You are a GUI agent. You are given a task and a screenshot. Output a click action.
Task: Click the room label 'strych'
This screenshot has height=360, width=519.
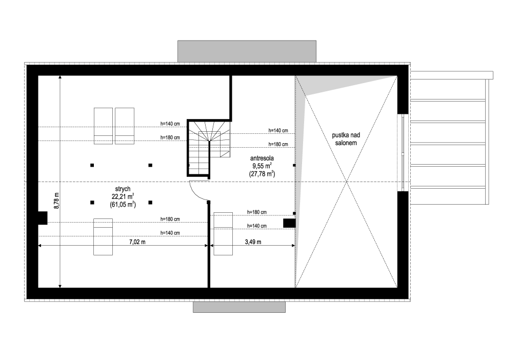[123, 189]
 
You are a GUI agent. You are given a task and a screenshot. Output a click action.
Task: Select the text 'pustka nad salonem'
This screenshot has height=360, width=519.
[346, 139]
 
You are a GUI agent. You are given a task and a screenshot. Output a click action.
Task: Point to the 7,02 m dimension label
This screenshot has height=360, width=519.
[137, 242]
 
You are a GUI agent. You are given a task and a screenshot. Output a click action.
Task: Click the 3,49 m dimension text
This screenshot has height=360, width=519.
[253, 242]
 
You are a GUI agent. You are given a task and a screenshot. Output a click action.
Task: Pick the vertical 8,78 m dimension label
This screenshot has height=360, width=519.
[56, 201]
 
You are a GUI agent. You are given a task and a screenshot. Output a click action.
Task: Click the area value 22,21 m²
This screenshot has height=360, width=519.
[123, 196]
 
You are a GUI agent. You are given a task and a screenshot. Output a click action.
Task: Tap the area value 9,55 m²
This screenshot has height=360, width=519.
[262, 166]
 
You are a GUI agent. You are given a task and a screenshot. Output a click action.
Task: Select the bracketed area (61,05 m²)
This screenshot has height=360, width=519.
[123, 205]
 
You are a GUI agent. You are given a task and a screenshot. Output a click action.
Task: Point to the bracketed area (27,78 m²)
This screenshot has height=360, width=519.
[262, 174]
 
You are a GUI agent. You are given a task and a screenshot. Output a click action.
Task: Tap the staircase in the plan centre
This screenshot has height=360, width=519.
[209, 148]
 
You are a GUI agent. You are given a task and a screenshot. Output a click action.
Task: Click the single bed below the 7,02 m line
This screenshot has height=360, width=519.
[103, 236]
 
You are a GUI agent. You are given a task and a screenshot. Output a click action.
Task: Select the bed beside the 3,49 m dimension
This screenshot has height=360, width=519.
[223, 234]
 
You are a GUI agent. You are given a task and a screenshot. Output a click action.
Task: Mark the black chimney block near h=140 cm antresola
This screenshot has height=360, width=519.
[289, 223]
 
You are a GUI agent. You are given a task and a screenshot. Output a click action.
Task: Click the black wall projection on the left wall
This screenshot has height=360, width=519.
[43, 218]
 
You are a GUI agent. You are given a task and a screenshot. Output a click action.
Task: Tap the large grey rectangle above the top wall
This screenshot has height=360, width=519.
[247, 51]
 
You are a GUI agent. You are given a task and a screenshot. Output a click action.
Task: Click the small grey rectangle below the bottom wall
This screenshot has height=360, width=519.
[239, 307]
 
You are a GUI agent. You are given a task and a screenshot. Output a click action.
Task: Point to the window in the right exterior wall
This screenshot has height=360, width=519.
[403, 153]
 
